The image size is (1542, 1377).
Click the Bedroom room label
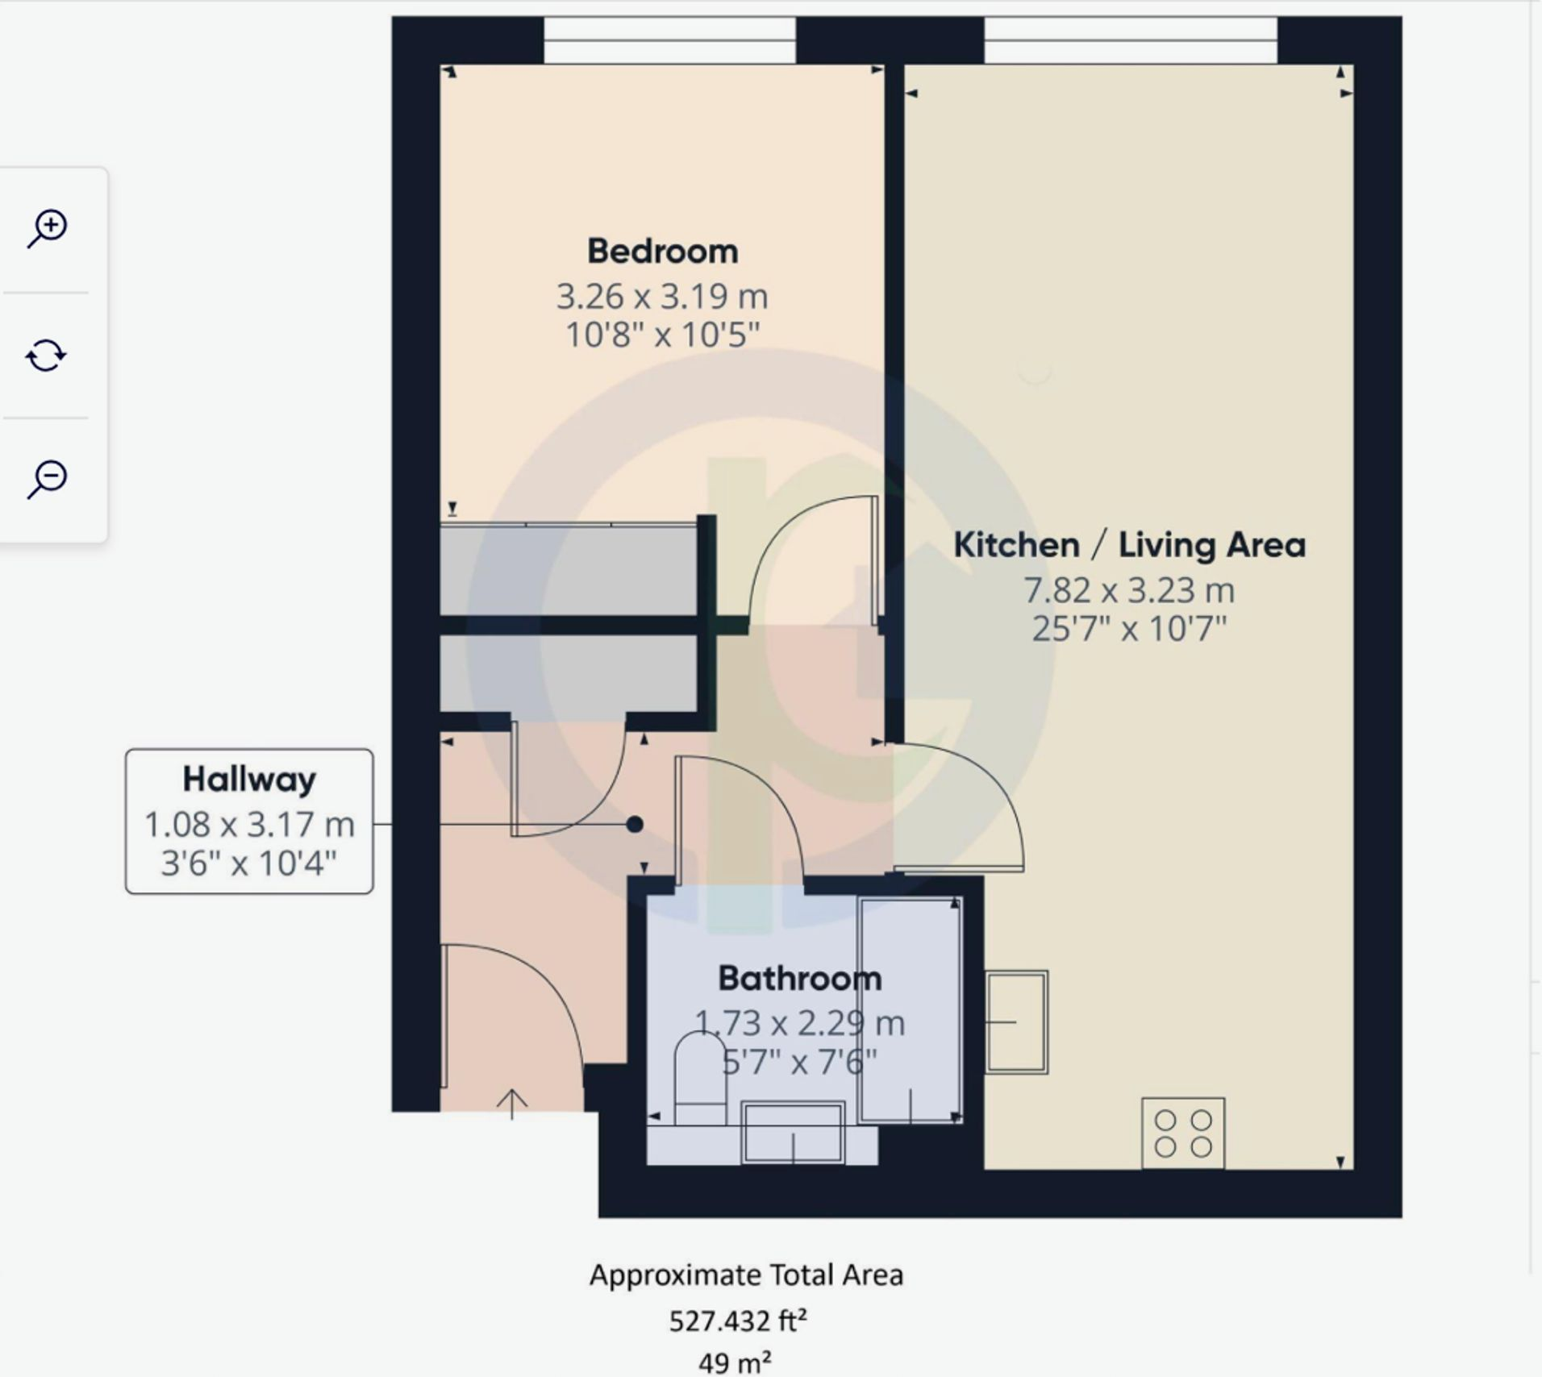(662, 252)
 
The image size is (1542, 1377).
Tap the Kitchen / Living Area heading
(1129, 545)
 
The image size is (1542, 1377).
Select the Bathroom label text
(800, 979)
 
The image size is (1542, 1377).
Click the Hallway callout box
(249, 821)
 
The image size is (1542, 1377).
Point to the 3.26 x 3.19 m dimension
(662, 297)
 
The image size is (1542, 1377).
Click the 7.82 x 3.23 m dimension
(1129, 590)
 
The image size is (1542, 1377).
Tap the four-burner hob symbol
(1183, 1133)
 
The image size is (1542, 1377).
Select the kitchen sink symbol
(1016, 1021)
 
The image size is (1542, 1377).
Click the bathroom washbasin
(793, 1133)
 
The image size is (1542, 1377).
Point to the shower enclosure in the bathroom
(911, 1010)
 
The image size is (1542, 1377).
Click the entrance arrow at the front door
(511, 1103)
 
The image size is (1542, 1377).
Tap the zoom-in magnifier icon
(48, 229)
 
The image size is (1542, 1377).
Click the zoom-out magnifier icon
(48, 480)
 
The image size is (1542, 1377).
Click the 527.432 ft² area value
(738, 1321)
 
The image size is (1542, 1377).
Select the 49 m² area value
(734, 1362)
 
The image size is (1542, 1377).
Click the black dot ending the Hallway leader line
(635, 824)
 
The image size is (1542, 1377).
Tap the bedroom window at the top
(669, 40)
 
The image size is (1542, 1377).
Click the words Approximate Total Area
(746, 1275)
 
